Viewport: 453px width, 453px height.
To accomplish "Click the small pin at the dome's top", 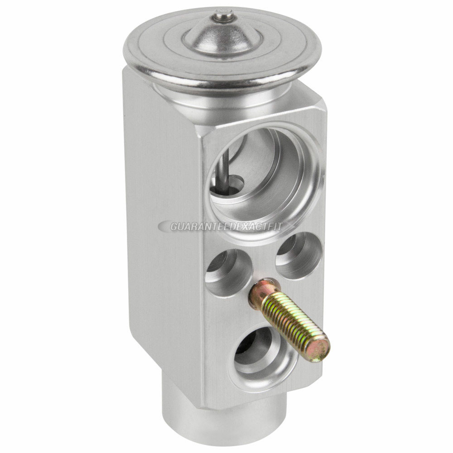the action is (x=222, y=15).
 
